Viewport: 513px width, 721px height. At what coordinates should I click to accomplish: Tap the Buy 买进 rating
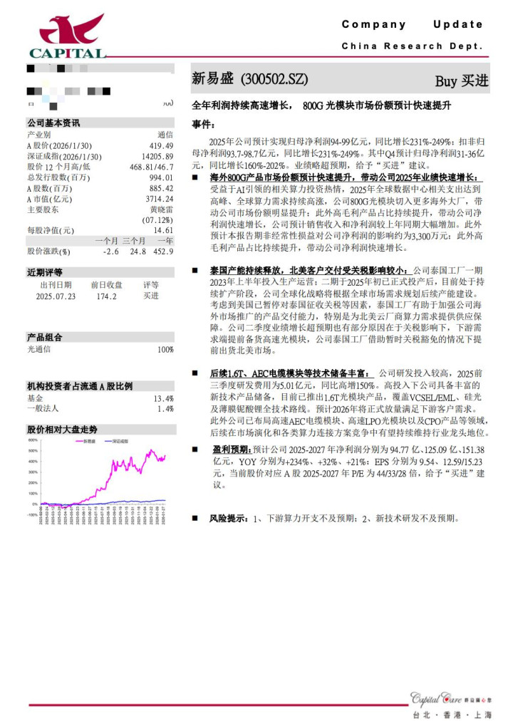462,81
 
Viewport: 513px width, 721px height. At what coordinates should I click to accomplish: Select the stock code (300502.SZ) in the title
275,79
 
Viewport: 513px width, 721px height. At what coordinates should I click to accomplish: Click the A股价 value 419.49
160,145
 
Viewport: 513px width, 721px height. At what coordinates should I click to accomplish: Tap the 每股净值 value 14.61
163,230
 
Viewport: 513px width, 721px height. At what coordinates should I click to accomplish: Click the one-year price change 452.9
162,251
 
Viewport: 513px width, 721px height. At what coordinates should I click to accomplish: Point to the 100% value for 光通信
165,350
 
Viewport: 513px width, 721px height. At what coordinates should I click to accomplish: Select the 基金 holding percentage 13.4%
164,398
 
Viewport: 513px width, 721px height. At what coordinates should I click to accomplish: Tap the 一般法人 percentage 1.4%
165,409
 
